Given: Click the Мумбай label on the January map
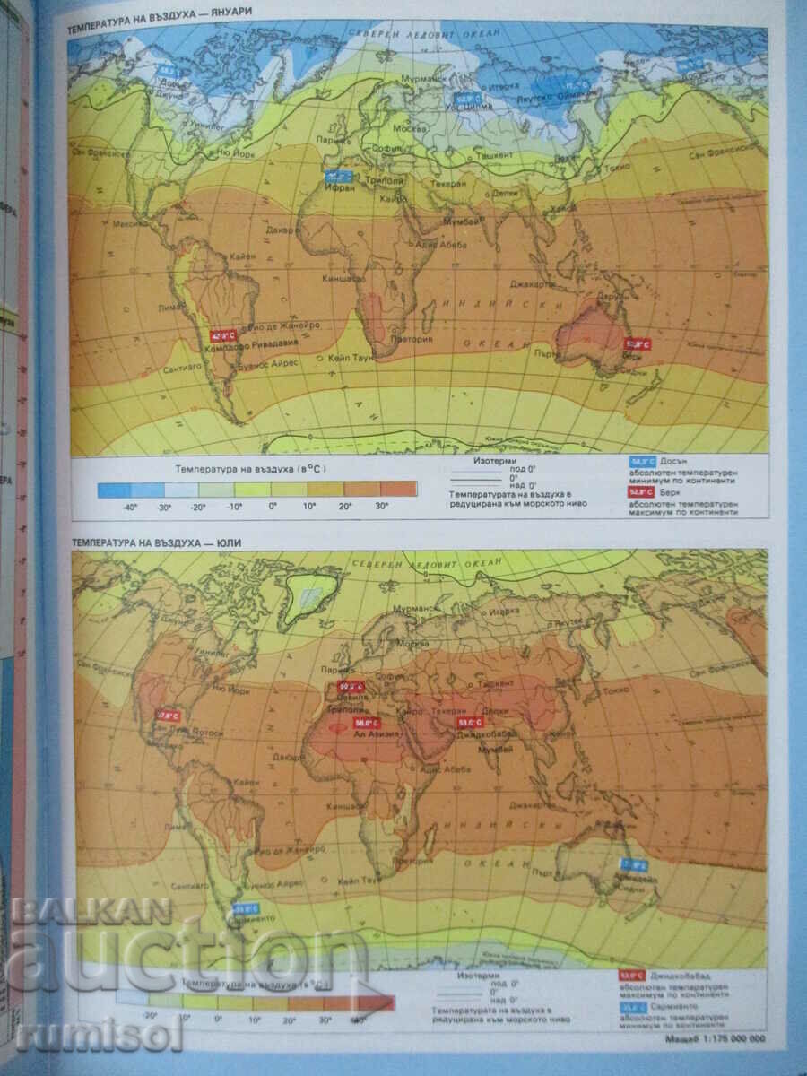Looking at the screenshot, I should pos(463,220).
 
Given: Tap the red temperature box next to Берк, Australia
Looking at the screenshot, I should pos(638,343).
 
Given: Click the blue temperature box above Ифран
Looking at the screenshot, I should pos(337,177).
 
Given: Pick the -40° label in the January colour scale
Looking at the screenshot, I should pos(129,508).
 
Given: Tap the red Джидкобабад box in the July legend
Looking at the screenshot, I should pos(632,976).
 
